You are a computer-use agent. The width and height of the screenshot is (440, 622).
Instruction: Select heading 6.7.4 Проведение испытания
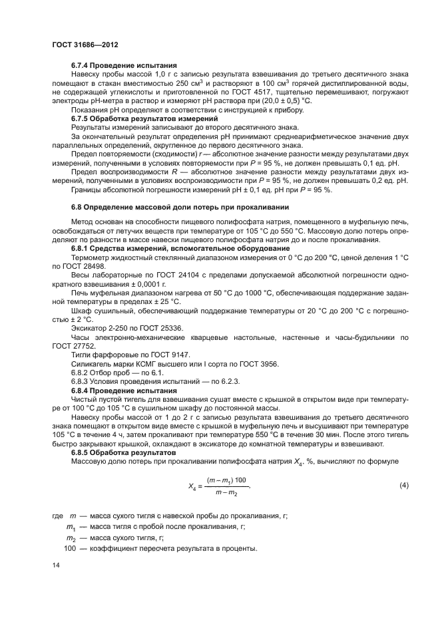point(124,65)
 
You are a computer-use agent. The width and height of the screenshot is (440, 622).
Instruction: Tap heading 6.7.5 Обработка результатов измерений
point(145,118)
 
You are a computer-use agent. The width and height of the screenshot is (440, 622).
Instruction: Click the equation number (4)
point(403,486)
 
